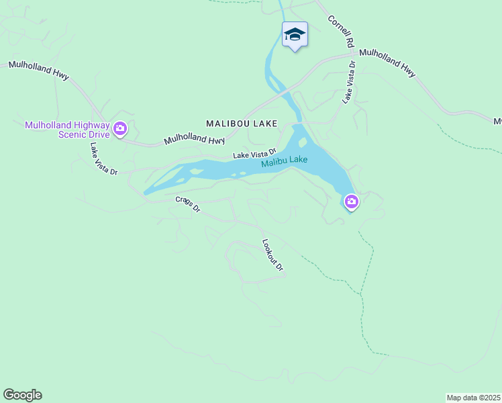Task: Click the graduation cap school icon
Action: pos(295,34)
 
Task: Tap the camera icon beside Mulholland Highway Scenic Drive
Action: pos(120,128)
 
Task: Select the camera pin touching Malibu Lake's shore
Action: pos(351,201)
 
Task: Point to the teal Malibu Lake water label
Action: pos(285,161)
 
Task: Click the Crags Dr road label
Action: pos(188,204)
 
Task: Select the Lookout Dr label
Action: pos(273,255)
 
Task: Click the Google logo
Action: pos(22,395)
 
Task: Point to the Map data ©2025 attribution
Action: pos(474,398)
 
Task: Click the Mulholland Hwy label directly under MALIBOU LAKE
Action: pos(195,140)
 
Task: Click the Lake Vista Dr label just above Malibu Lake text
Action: pos(254,155)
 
